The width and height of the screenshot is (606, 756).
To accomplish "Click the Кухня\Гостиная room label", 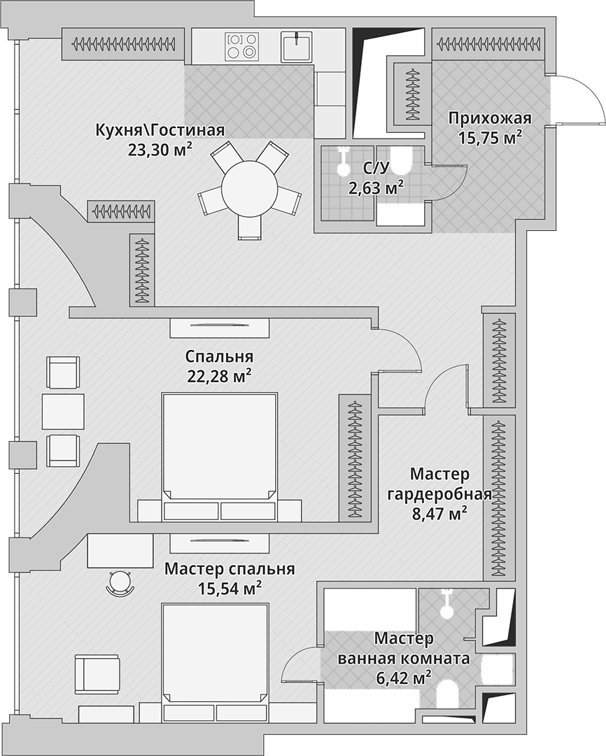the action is pyautogui.click(x=160, y=130).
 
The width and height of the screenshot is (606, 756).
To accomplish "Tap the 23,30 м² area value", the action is pyautogui.click(x=160, y=150).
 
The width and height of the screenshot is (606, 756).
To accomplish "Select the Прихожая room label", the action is pyautogui.click(x=490, y=118).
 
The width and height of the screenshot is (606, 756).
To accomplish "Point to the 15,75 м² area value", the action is pyautogui.click(x=490, y=138).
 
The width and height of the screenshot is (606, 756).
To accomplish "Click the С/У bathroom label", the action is pyautogui.click(x=376, y=168).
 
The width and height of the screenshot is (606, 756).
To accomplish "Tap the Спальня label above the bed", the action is pyautogui.click(x=219, y=357).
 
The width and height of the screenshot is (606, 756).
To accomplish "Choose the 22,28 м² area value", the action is pyautogui.click(x=219, y=376).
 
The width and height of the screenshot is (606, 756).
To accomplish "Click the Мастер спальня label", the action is pyautogui.click(x=230, y=569).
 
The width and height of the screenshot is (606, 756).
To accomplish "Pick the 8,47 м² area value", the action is pyautogui.click(x=439, y=514).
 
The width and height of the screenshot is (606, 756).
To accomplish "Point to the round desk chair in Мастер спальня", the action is pyautogui.click(x=120, y=582).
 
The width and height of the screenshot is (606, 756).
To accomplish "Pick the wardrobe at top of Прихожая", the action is pyautogui.click(x=488, y=44).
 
